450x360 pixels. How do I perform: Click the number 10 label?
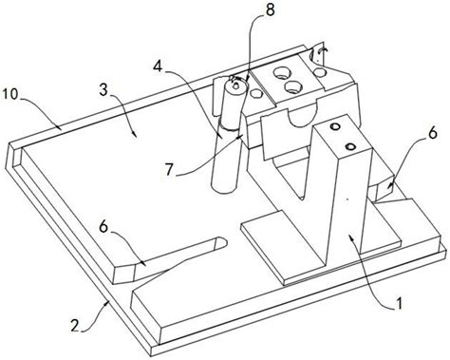11,94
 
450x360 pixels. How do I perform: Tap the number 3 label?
103,91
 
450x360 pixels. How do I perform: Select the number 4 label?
159,66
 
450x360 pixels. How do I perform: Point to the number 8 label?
270,10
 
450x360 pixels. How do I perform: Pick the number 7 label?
169,170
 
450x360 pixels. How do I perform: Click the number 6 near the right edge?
433,132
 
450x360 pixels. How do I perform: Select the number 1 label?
399,303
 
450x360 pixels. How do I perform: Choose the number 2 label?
75,325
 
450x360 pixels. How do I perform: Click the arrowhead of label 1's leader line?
350,237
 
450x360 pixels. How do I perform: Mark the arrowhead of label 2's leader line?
106,302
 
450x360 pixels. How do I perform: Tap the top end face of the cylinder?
235,85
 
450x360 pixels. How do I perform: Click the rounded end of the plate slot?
221,242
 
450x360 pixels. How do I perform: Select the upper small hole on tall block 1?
335,127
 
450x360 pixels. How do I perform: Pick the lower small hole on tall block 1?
350,146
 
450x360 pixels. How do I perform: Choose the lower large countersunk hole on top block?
293,86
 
